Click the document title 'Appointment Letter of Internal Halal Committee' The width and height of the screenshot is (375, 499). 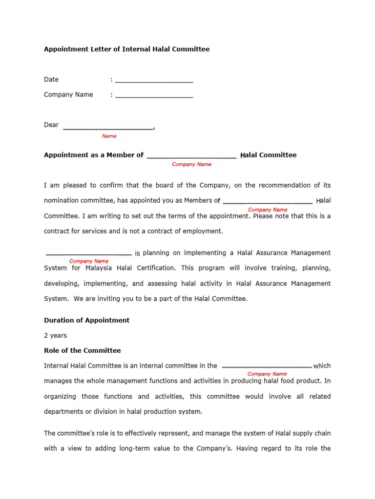pyautogui.click(x=126, y=49)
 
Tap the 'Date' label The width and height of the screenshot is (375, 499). pyautogui.click(x=51, y=79)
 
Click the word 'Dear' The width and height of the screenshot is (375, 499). pyautogui.click(x=51, y=125)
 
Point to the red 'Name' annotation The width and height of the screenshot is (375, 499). pyautogui.click(x=109, y=136)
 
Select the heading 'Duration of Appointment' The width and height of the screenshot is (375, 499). pyautogui.click(x=86, y=321)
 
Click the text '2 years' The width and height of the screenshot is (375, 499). pyautogui.click(x=55, y=336)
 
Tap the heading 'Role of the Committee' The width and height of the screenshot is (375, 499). pyautogui.click(x=82, y=351)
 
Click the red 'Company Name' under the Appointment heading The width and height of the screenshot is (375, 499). pyautogui.click(x=191, y=165)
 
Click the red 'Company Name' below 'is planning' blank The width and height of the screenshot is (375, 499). pyautogui.click(x=89, y=261)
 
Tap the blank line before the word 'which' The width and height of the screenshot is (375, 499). pyautogui.click(x=267, y=366)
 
